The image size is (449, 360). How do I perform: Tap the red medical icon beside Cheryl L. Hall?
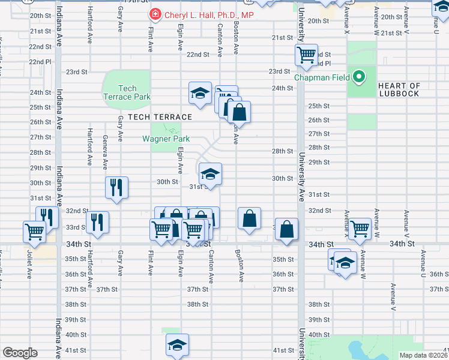[x=155, y=14]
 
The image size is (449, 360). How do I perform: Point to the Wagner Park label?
[x=166, y=139]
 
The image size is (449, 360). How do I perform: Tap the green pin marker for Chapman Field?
[x=359, y=77]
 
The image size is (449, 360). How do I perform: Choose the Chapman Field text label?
[x=322, y=77]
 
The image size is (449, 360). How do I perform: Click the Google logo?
[x=20, y=353]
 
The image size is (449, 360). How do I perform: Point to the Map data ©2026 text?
[x=424, y=355]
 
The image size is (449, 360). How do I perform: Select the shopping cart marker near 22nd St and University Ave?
[x=307, y=56]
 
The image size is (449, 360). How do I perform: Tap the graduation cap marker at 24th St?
[x=200, y=93]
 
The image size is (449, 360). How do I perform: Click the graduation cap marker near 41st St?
[x=177, y=345]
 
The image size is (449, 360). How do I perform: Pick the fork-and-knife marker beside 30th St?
[x=116, y=187]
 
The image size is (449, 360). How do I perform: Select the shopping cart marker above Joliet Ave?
[x=34, y=231]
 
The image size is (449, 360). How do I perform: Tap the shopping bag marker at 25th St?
[x=239, y=112]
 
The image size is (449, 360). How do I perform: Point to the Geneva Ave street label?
[x=104, y=152]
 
